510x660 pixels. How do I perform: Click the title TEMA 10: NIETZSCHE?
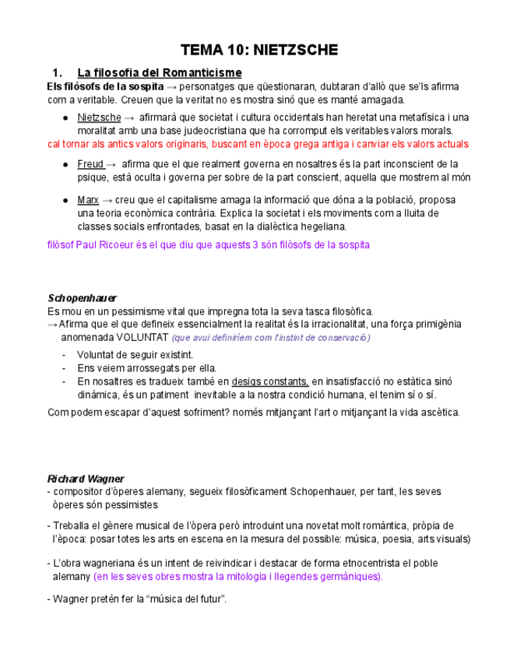point(259,51)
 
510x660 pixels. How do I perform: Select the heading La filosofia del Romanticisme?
point(160,73)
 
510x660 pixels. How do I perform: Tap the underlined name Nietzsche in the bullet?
point(99,118)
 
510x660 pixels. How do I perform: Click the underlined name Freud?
point(90,164)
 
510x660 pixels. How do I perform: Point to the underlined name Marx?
point(88,200)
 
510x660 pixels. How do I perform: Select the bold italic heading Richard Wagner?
point(86,479)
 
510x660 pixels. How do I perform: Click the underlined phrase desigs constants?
point(269,382)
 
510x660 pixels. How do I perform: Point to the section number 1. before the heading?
point(56,73)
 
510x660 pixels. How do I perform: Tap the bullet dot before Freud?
point(65,165)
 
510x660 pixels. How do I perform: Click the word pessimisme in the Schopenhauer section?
point(122,311)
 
